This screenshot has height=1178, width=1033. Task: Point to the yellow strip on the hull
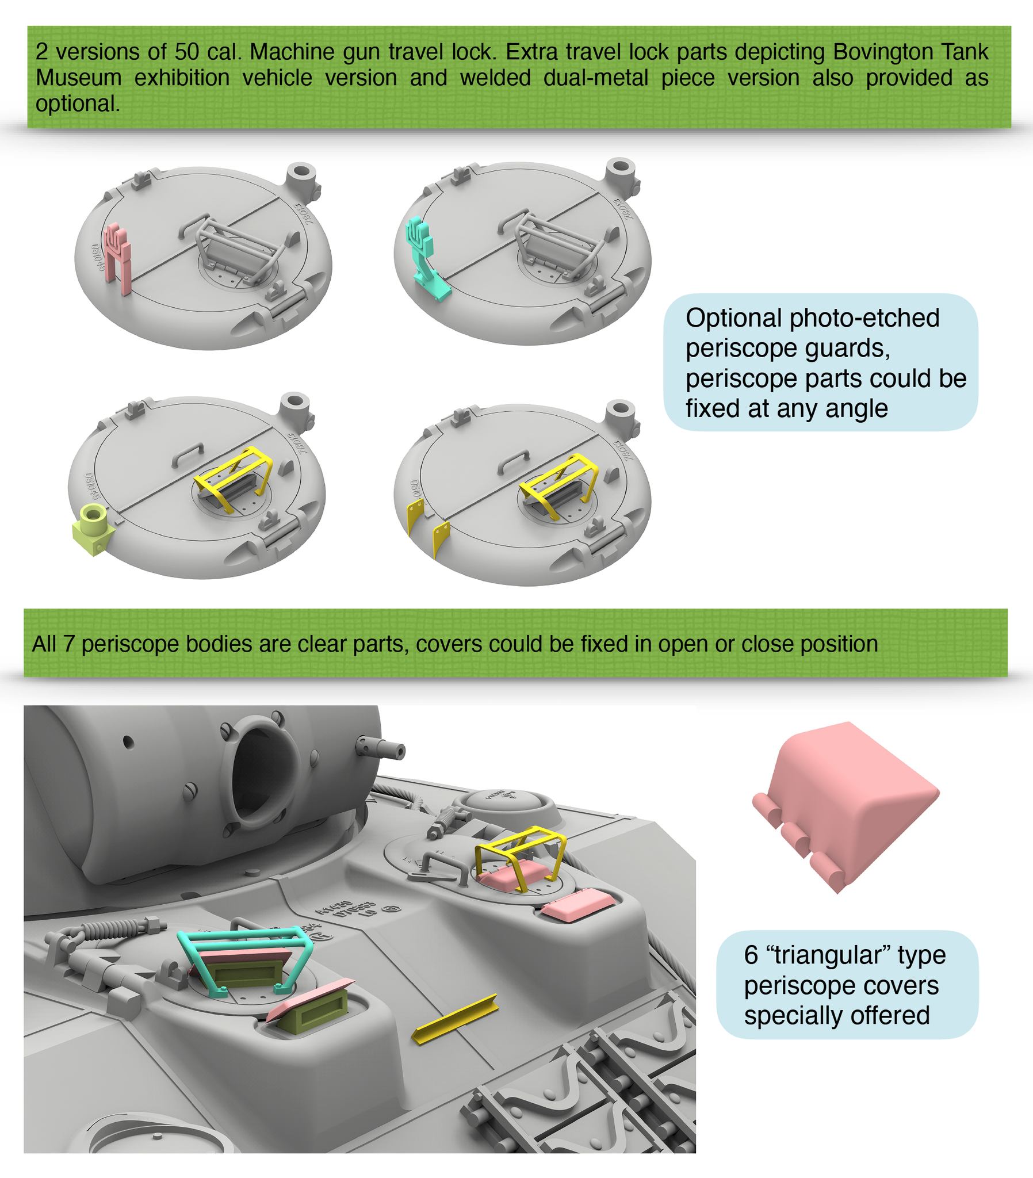[x=456, y=1018]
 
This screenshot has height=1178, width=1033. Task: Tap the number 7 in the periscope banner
[x=68, y=644]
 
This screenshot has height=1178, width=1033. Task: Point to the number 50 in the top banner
[x=187, y=52]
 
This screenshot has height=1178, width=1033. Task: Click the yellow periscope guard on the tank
[x=520, y=852]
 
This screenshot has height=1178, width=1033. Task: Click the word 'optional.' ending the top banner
[x=78, y=104]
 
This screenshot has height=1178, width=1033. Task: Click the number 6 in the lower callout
[x=751, y=955]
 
